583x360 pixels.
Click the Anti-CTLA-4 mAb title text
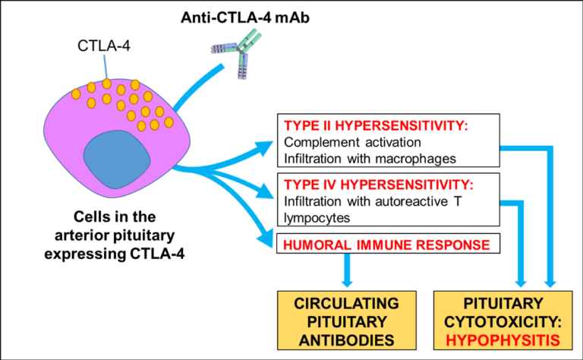[245, 18]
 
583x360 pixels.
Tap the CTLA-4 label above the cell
[104, 46]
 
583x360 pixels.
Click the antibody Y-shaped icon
[238, 53]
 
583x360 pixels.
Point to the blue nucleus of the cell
[117, 159]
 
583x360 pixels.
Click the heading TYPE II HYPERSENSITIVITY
[376, 126]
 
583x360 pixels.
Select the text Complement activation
[352, 142]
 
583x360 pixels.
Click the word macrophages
[415, 159]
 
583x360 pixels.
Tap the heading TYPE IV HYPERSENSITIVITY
[379, 185]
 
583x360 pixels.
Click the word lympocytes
[317, 217]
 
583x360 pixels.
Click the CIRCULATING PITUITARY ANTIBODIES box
[346, 321]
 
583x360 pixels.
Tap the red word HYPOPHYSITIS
[503, 340]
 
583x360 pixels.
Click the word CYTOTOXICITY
[503, 322]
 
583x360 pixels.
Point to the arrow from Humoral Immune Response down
[347, 270]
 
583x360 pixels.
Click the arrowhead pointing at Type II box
[265, 147]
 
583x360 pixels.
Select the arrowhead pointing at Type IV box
[266, 192]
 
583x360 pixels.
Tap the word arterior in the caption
[81, 235]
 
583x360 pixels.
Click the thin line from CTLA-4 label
[106, 67]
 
